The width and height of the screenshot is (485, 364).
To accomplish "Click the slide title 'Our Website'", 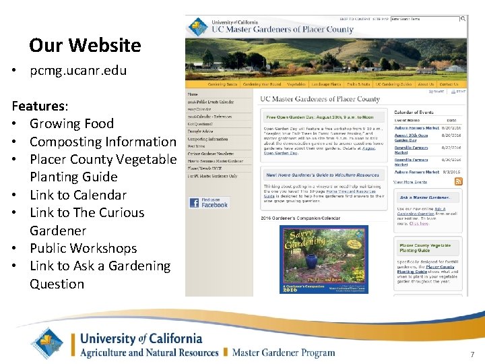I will pos(85,45).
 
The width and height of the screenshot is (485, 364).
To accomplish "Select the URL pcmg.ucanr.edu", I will pos(78,70).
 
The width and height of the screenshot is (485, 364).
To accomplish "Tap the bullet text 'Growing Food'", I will pos(71,123).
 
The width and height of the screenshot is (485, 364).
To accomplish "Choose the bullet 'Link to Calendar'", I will pos(77,195).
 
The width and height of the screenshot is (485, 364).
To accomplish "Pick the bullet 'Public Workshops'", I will pos(83,248).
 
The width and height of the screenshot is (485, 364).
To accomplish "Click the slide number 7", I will pos(472,355).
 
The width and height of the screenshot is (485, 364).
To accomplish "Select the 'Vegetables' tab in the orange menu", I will pos(296,84).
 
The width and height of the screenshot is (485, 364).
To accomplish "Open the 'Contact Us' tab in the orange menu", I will pos(449,84).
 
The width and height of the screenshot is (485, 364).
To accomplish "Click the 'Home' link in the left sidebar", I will pos(193,94).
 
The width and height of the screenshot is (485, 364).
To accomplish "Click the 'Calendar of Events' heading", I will pos(414,112).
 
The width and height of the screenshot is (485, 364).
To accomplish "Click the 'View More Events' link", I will pos(410,182).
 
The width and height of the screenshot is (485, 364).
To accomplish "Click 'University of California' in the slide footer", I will pos(141,338).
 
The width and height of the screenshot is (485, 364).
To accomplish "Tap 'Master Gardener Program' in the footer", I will pos(284,352).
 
